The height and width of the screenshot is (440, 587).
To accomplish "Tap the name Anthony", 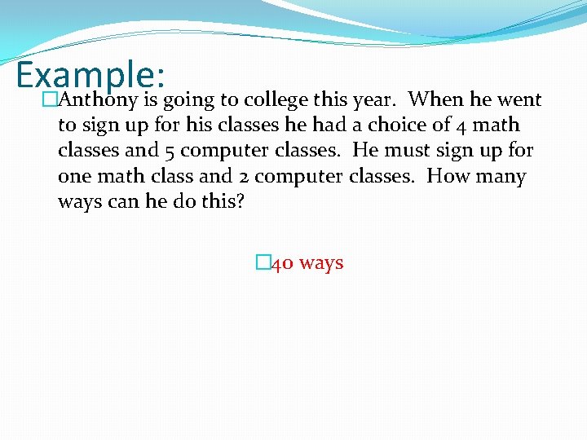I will click(x=99, y=100).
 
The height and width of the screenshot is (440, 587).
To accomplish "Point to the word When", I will click(x=438, y=100).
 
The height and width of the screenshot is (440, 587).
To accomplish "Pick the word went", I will click(x=519, y=100).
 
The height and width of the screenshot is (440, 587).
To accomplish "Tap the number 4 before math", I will click(x=461, y=126).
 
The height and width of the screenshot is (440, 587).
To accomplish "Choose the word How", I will click(x=448, y=176).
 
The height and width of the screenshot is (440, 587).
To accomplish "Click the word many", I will click(x=500, y=177).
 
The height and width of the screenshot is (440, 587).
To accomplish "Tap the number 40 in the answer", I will click(x=282, y=264).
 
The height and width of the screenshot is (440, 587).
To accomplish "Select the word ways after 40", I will click(x=321, y=264).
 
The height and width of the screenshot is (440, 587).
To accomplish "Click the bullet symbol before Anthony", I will click(x=50, y=100).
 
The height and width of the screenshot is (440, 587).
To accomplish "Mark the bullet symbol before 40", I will click(x=262, y=263).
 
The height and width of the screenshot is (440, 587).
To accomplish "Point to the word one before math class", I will click(x=76, y=177).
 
